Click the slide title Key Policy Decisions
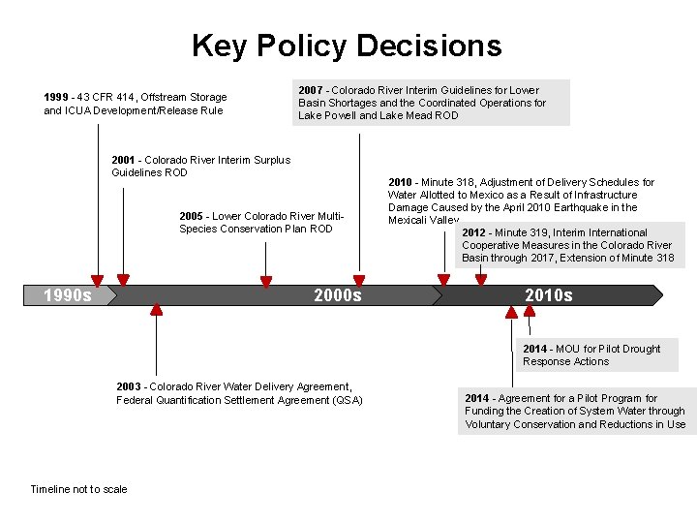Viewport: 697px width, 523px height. pyautogui.click(x=347, y=46)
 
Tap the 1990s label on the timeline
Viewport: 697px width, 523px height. pyautogui.click(x=68, y=295)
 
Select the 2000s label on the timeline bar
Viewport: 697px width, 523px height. pyautogui.click(x=338, y=295)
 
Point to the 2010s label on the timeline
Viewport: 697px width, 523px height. pyautogui.click(x=548, y=295)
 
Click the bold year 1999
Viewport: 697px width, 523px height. pyautogui.click(x=57, y=97)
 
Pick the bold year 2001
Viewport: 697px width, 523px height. pyautogui.click(x=124, y=160)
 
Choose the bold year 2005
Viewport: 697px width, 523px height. pyautogui.click(x=192, y=216)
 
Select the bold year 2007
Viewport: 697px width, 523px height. pyautogui.click(x=312, y=90)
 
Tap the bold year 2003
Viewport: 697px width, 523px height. pyautogui.click(x=129, y=387)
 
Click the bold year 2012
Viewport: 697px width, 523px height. pyautogui.click(x=474, y=232)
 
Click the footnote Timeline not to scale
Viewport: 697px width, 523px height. pyautogui.click(x=78, y=489)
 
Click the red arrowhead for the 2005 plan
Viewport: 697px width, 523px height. pyautogui.click(x=266, y=282)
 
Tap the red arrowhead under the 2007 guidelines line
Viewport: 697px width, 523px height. pyautogui.click(x=360, y=281)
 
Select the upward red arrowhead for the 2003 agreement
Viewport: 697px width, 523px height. pyautogui.click(x=157, y=310)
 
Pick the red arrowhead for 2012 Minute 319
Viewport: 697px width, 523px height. pyautogui.click(x=481, y=281)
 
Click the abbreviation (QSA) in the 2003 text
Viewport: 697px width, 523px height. pyautogui.click(x=346, y=400)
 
